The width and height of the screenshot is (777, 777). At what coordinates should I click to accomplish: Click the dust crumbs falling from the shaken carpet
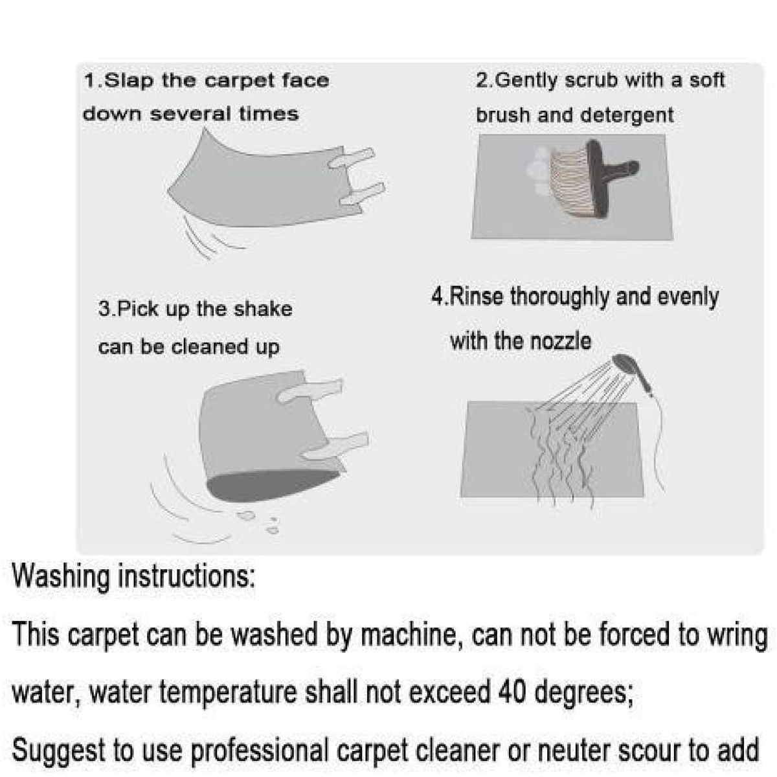tap(259, 522)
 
